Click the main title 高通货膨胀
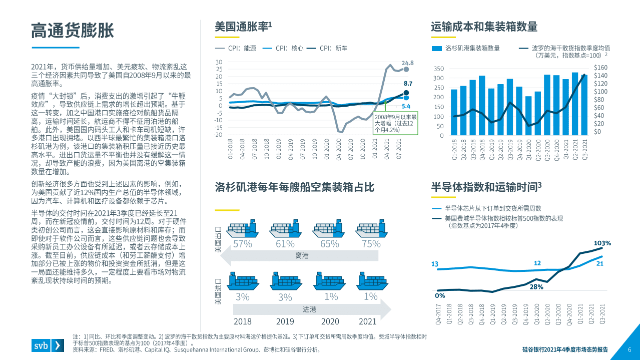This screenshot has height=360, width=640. click(x=73, y=31)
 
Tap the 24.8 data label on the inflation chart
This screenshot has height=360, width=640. click(x=408, y=63)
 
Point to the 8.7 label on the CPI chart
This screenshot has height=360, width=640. click(x=408, y=84)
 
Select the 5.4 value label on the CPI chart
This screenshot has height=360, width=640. click(x=406, y=106)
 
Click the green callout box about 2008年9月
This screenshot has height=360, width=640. click(x=396, y=123)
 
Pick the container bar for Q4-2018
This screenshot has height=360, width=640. click(x=482, y=106)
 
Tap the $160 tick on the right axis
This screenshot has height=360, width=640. click(x=600, y=68)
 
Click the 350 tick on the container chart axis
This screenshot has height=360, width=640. click(x=438, y=69)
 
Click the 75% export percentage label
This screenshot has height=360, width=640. click(x=371, y=244)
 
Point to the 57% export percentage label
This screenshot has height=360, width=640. click(x=242, y=244)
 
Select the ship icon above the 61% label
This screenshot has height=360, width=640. click(x=285, y=230)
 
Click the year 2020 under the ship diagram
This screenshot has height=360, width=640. click(x=330, y=321)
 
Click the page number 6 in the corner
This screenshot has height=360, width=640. click(x=629, y=349)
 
